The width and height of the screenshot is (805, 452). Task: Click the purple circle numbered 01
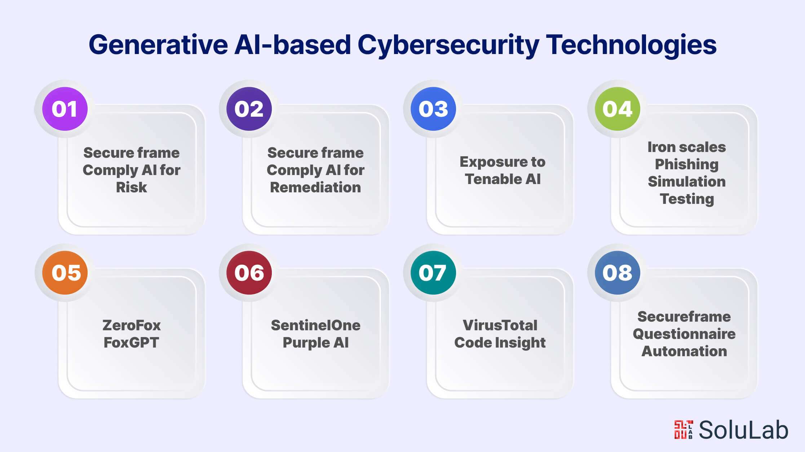(65, 109)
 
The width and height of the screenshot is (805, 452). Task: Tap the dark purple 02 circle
(249, 109)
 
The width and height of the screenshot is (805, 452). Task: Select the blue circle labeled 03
(433, 109)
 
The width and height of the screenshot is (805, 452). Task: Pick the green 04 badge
(617, 109)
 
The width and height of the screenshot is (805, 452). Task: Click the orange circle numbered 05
(65, 273)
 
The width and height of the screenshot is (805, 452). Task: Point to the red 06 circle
(249, 273)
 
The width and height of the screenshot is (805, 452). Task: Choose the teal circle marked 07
(433, 273)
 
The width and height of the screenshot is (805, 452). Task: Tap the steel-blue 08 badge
(617, 273)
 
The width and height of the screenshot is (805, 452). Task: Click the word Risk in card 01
(131, 187)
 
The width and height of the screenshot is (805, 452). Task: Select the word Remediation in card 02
(315, 187)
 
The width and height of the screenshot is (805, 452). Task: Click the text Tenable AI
(503, 179)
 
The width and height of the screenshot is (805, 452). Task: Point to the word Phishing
(686, 164)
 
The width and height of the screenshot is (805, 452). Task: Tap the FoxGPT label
(131, 343)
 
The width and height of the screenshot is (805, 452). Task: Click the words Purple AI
(315, 343)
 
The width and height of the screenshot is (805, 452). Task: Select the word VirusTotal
(500, 325)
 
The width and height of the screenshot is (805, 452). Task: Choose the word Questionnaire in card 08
(684, 334)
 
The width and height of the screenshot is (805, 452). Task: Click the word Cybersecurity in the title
(448, 45)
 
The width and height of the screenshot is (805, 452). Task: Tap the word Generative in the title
(158, 45)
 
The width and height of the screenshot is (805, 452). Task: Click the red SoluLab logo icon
(683, 429)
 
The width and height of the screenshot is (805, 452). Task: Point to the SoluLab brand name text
(743, 430)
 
